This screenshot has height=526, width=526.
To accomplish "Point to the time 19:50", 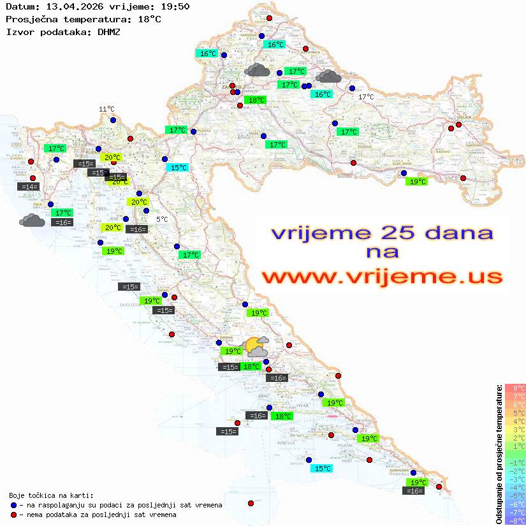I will click(175, 7).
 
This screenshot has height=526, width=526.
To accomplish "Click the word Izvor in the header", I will click(19, 31).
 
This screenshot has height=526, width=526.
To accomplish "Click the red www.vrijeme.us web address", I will click(382, 276).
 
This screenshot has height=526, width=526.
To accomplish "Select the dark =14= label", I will click(29, 187).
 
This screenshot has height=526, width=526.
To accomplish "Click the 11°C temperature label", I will click(106, 110).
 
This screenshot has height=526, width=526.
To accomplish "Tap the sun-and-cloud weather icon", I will click(257, 346).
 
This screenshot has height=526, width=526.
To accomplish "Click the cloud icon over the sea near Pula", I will click(32, 221).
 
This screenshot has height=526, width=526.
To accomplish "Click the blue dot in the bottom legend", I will click(13, 505).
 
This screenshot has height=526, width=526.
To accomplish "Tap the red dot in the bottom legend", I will click(13, 515).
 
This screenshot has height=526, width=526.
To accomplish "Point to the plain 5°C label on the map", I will click(163, 219).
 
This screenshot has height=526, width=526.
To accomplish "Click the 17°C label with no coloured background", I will click(366, 97).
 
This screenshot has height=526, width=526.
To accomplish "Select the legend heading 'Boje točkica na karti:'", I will click(51, 495).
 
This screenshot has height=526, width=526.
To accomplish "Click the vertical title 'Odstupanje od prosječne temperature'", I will click(499, 454).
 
